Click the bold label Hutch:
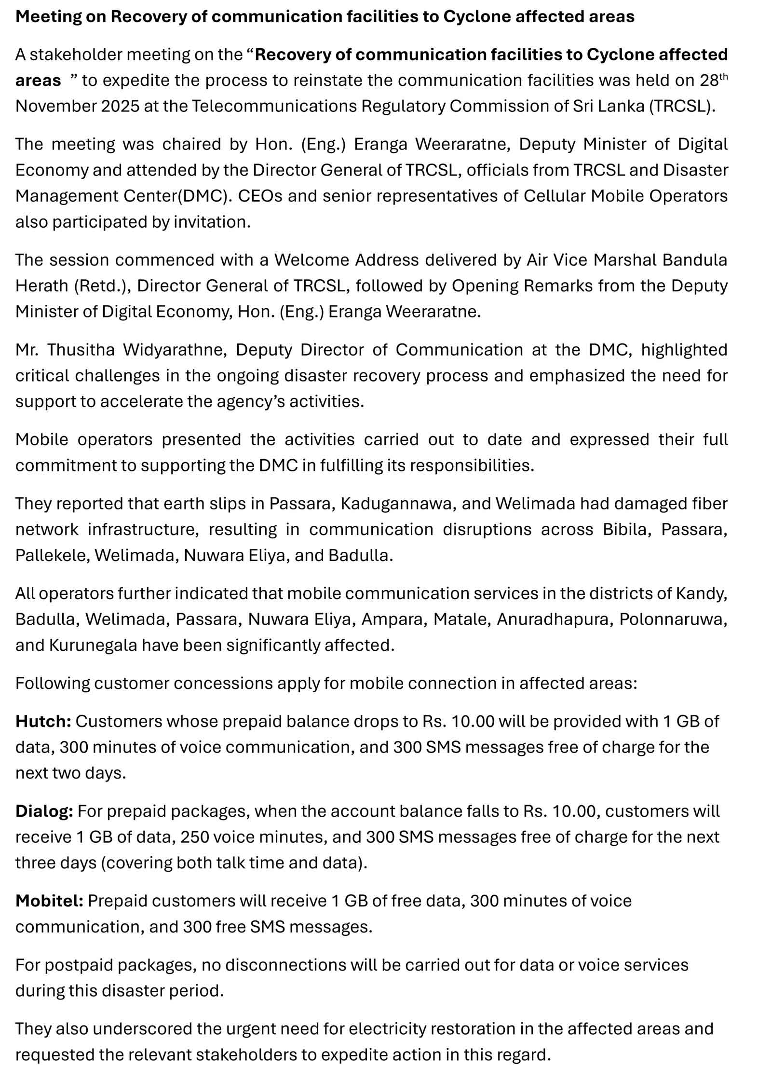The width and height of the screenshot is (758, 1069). (x=43, y=721)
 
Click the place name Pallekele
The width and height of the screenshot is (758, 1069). (x=52, y=555)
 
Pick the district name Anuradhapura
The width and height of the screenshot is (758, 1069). (x=555, y=619)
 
